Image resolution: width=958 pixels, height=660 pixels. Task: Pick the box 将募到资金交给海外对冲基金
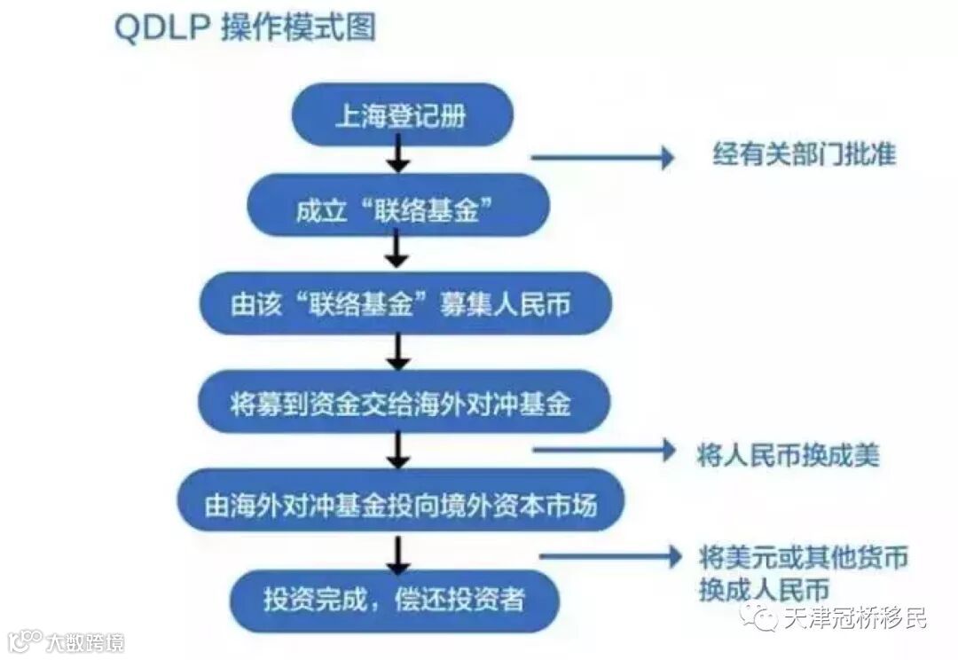[401, 404]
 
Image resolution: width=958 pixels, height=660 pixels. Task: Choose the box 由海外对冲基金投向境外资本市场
[401, 504]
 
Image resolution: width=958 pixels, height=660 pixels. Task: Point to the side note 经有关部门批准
[805, 155]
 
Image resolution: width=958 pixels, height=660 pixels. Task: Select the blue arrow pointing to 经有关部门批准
[603, 158]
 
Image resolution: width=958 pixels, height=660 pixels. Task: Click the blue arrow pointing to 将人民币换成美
[603, 451]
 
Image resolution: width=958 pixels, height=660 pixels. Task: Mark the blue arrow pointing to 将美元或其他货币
[608, 557]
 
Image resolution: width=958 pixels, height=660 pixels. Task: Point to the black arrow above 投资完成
[398, 552]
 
